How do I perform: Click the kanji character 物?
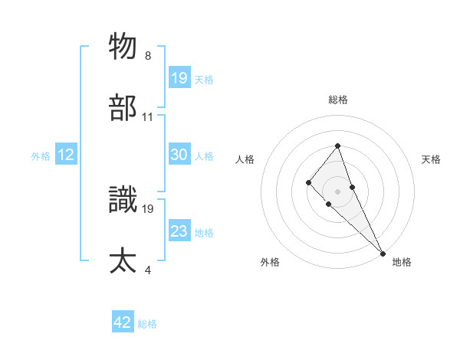[x=123, y=46]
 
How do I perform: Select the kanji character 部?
[x=123, y=108]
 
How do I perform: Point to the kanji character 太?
[x=123, y=260]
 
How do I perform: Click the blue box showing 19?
[x=179, y=77]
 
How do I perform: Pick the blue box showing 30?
[x=179, y=155]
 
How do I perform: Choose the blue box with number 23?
[x=179, y=231]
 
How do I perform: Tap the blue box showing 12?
[x=66, y=155]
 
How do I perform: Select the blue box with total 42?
[x=123, y=322]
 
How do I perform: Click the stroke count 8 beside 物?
[x=148, y=56]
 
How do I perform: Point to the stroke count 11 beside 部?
[x=148, y=117]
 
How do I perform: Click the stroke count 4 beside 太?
[x=148, y=270]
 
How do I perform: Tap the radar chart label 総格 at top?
[x=337, y=100]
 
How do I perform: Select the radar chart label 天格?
[x=431, y=159]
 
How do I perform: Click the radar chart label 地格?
[x=402, y=262]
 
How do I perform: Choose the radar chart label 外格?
[x=270, y=262]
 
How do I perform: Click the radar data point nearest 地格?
[x=383, y=253]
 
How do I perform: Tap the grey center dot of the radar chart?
[x=337, y=191]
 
